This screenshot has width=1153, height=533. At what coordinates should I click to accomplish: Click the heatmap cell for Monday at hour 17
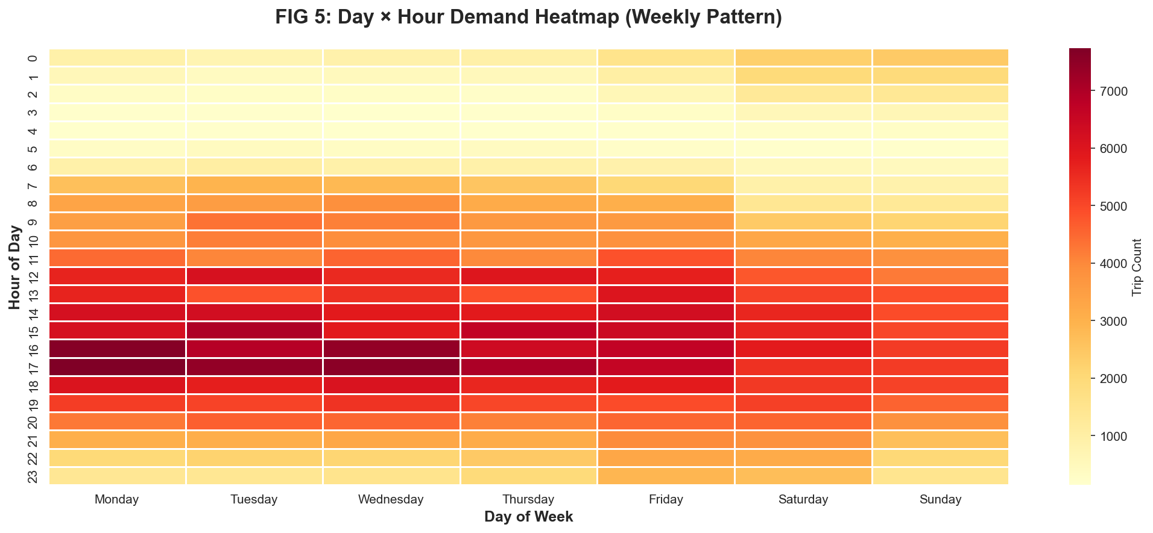point(117,367)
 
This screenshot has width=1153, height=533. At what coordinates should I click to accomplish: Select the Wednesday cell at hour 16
point(391,349)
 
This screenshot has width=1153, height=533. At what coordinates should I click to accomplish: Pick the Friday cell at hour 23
point(666,476)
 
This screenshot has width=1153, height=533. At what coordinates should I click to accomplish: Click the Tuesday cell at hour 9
point(254,221)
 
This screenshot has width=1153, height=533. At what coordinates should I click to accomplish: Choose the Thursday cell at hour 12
point(528,276)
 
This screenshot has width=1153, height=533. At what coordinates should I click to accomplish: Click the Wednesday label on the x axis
point(391,499)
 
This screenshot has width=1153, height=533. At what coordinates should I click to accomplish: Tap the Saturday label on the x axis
point(803,499)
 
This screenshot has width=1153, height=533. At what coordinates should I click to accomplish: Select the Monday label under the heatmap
point(117,499)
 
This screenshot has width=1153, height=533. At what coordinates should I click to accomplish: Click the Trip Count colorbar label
point(1137,267)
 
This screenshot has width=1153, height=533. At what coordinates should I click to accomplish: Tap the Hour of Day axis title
point(15,267)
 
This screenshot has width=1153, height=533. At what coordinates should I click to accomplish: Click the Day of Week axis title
point(528,517)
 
